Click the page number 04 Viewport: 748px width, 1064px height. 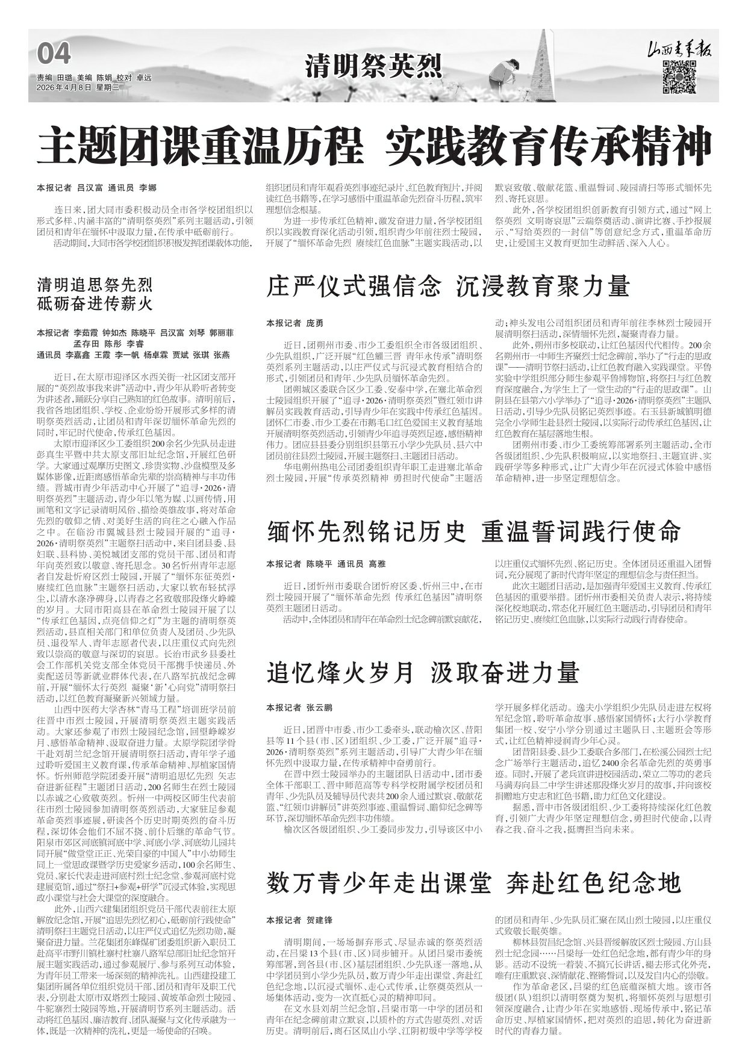coord(54,55)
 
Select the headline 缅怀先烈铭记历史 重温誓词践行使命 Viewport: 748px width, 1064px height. coord(473,531)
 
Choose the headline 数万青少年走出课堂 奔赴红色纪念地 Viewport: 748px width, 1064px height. coord(473,883)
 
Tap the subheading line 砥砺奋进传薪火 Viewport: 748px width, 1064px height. coord(95,303)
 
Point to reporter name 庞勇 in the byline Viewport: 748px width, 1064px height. coord(314,323)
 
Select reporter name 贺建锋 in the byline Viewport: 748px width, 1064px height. coord(319,920)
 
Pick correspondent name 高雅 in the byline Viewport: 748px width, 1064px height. coord(376,564)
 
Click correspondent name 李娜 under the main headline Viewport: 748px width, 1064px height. coord(148,188)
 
